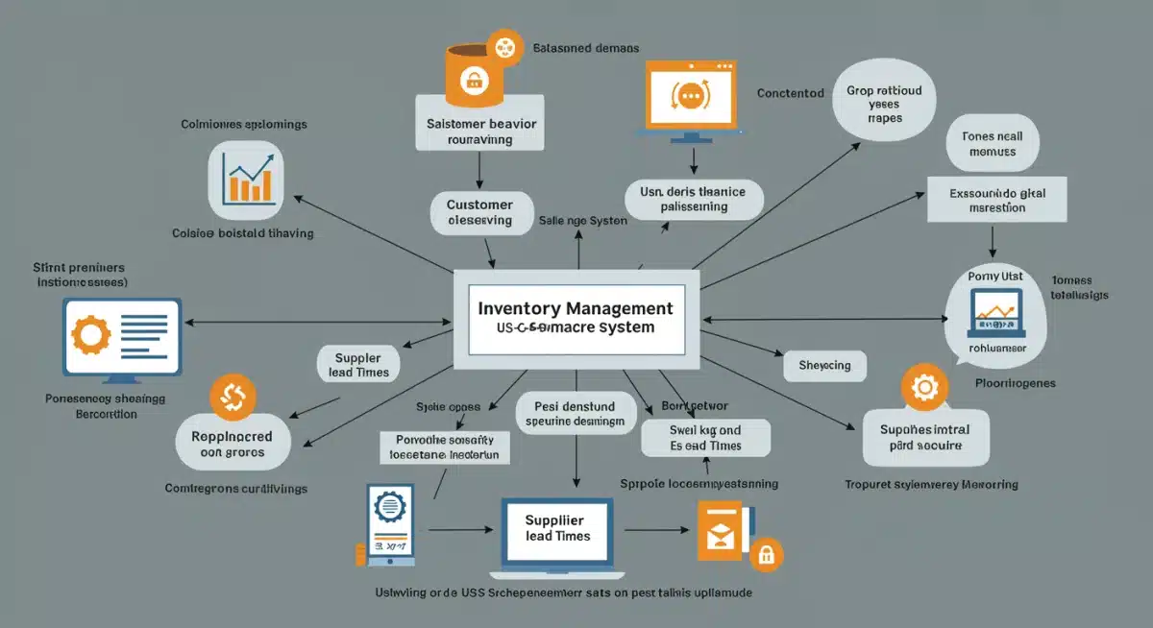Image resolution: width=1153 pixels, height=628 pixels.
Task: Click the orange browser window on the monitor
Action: pyautogui.click(x=691, y=93)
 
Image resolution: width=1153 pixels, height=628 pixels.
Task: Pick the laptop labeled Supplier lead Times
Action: pyautogui.click(x=557, y=530)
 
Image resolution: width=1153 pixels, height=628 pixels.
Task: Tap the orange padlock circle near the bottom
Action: pyautogui.click(x=766, y=554)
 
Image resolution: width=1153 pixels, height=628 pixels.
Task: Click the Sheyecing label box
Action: pyautogui.click(x=824, y=366)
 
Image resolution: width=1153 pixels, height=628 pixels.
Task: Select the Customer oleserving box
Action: pyautogui.click(x=479, y=212)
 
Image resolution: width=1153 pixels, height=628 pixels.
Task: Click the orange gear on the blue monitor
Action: pyautogui.click(x=93, y=335)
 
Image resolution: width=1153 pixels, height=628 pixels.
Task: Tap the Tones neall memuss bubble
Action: pyautogui.click(x=992, y=144)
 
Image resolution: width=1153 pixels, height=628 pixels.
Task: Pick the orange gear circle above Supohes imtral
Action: pyautogui.click(x=924, y=387)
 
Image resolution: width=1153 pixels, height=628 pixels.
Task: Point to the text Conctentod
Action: pyautogui.click(x=790, y=93)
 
